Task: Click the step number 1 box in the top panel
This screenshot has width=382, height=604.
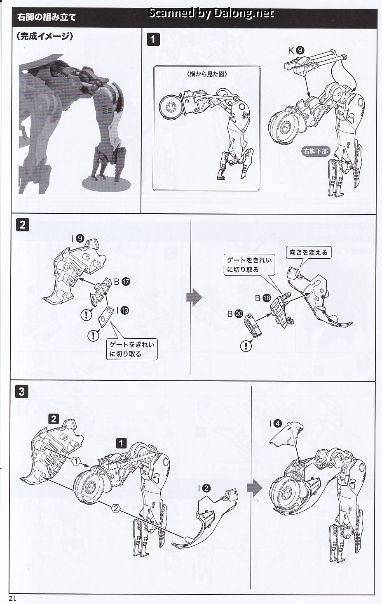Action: click(153, 40)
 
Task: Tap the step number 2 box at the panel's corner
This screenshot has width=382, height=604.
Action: click(22, 225)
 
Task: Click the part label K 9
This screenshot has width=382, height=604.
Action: click(296, 50)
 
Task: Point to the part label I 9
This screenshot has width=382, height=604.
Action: click(78, 238)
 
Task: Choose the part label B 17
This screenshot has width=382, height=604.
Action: click(122, 282)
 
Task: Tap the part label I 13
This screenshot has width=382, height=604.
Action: click(122, 310)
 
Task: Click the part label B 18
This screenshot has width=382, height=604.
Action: click(263, 298)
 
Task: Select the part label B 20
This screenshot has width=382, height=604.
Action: click(235, 314)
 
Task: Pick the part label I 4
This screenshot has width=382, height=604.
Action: click(275, 424)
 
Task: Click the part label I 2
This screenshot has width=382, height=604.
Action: click(204, 488)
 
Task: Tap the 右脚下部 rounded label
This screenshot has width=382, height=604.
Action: click(316, 151)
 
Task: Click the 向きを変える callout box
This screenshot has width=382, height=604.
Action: click(309, 252)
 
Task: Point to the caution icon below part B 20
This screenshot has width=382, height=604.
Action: click(246, 346)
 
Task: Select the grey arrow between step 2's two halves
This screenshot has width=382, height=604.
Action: click(194, 297)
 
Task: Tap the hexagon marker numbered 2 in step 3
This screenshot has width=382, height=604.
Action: click(116, 509)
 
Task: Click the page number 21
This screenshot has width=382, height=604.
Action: click(13, 599)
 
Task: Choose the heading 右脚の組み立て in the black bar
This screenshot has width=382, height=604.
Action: click(46, 17)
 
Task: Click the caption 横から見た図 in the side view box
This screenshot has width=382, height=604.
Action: click(207, 74)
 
